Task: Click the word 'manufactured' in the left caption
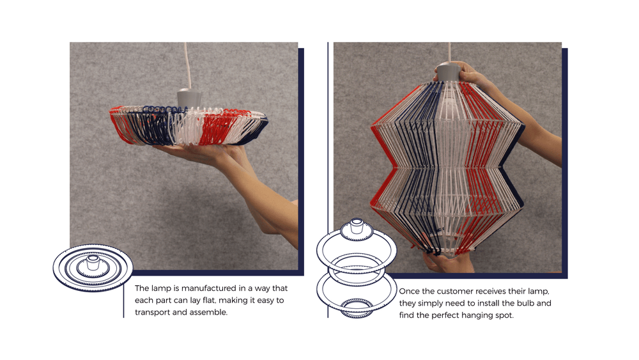coord(209,288)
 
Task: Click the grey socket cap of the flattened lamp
coord(189,98)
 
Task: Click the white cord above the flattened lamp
coord(187,66)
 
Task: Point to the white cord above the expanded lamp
coord(449,52)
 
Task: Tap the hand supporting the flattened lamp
coord(204,153)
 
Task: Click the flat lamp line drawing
coord(93,267)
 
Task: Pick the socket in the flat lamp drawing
coord(93,263)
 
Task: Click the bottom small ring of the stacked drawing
coord(357,308)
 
